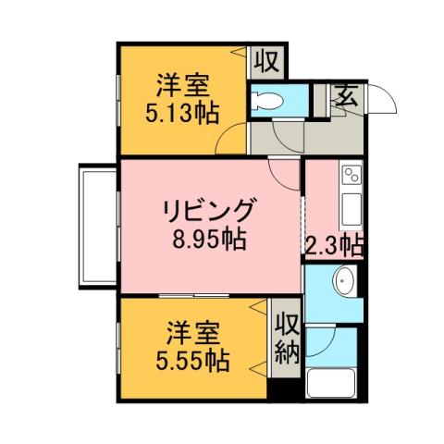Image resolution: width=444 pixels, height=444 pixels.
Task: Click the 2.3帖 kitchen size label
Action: coord(334,244)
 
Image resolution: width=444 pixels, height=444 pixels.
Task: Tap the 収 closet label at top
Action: coord(268,62)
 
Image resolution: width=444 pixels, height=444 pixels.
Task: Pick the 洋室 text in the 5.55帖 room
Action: coord(192,330)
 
